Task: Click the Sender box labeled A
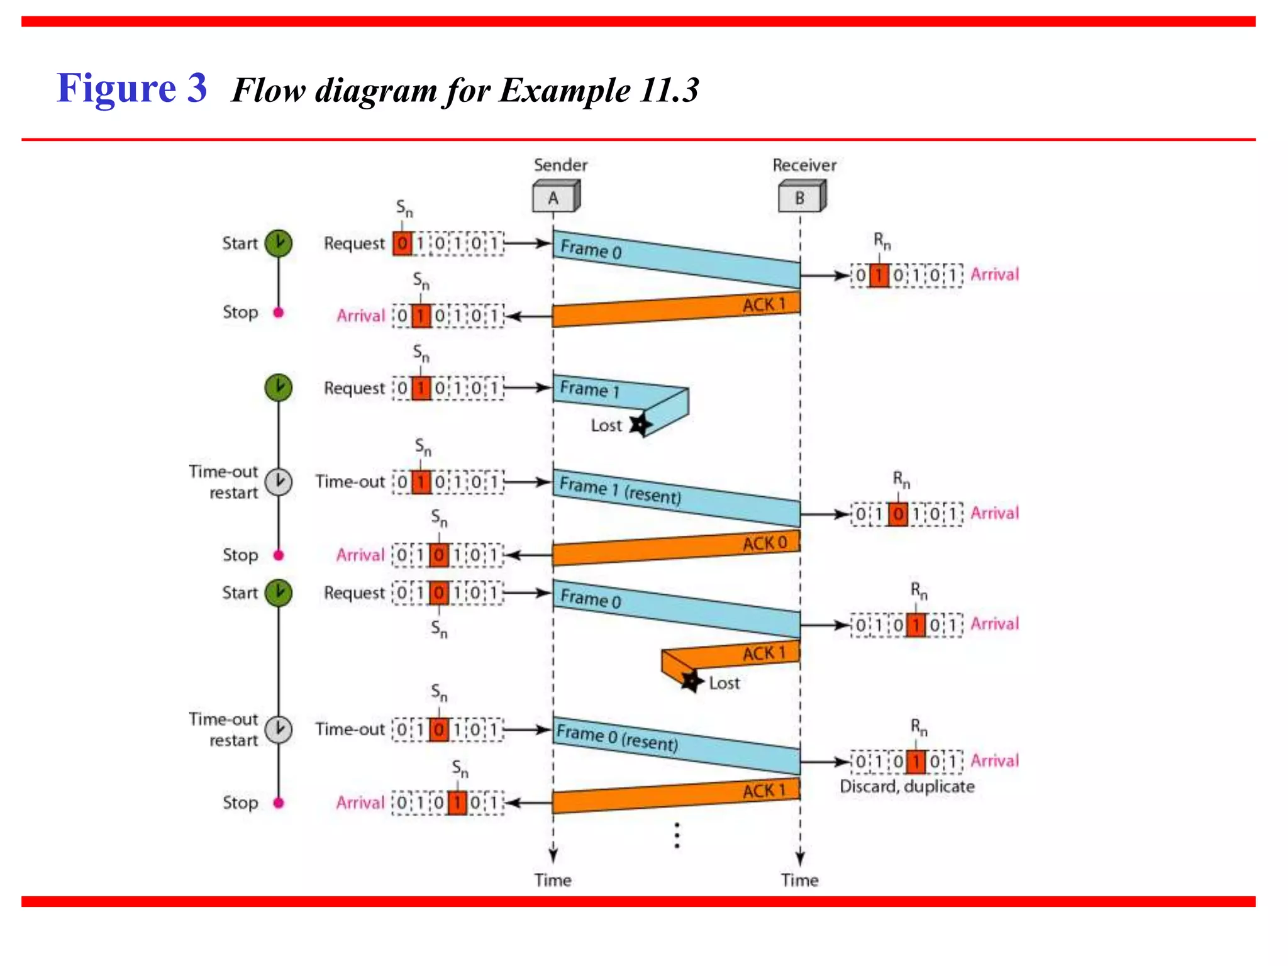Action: click(x=555, y=197)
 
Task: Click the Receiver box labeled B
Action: click(x=801, y=197)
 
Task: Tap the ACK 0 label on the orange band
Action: click(x=764, y=543)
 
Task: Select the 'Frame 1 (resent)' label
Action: click(x=620, y=491)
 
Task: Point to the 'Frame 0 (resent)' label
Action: click(x=617, y=738)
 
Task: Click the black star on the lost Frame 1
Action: click(x=640, y=425)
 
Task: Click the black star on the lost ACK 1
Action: click(x=692, y=681)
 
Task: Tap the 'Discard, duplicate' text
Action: click(x=907, y=786)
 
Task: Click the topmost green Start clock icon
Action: click(x=278, y=243)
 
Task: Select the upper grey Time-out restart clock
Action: click(x=278, y=482)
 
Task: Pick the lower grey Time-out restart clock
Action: click(x=278, y=730)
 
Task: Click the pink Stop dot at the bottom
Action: click(x=279, y=802)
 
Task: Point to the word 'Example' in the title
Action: click(x=565, y=90)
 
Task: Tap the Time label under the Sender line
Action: click(x=553, y=880)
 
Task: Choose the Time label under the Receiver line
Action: click(x=799, y=880)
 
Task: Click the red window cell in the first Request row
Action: click(x=402, y=243)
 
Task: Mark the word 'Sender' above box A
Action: click(x=560, y=165)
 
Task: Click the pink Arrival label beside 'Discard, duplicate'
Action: click(x=994, y=760)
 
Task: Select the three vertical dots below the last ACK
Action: click(x=677, y=835)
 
